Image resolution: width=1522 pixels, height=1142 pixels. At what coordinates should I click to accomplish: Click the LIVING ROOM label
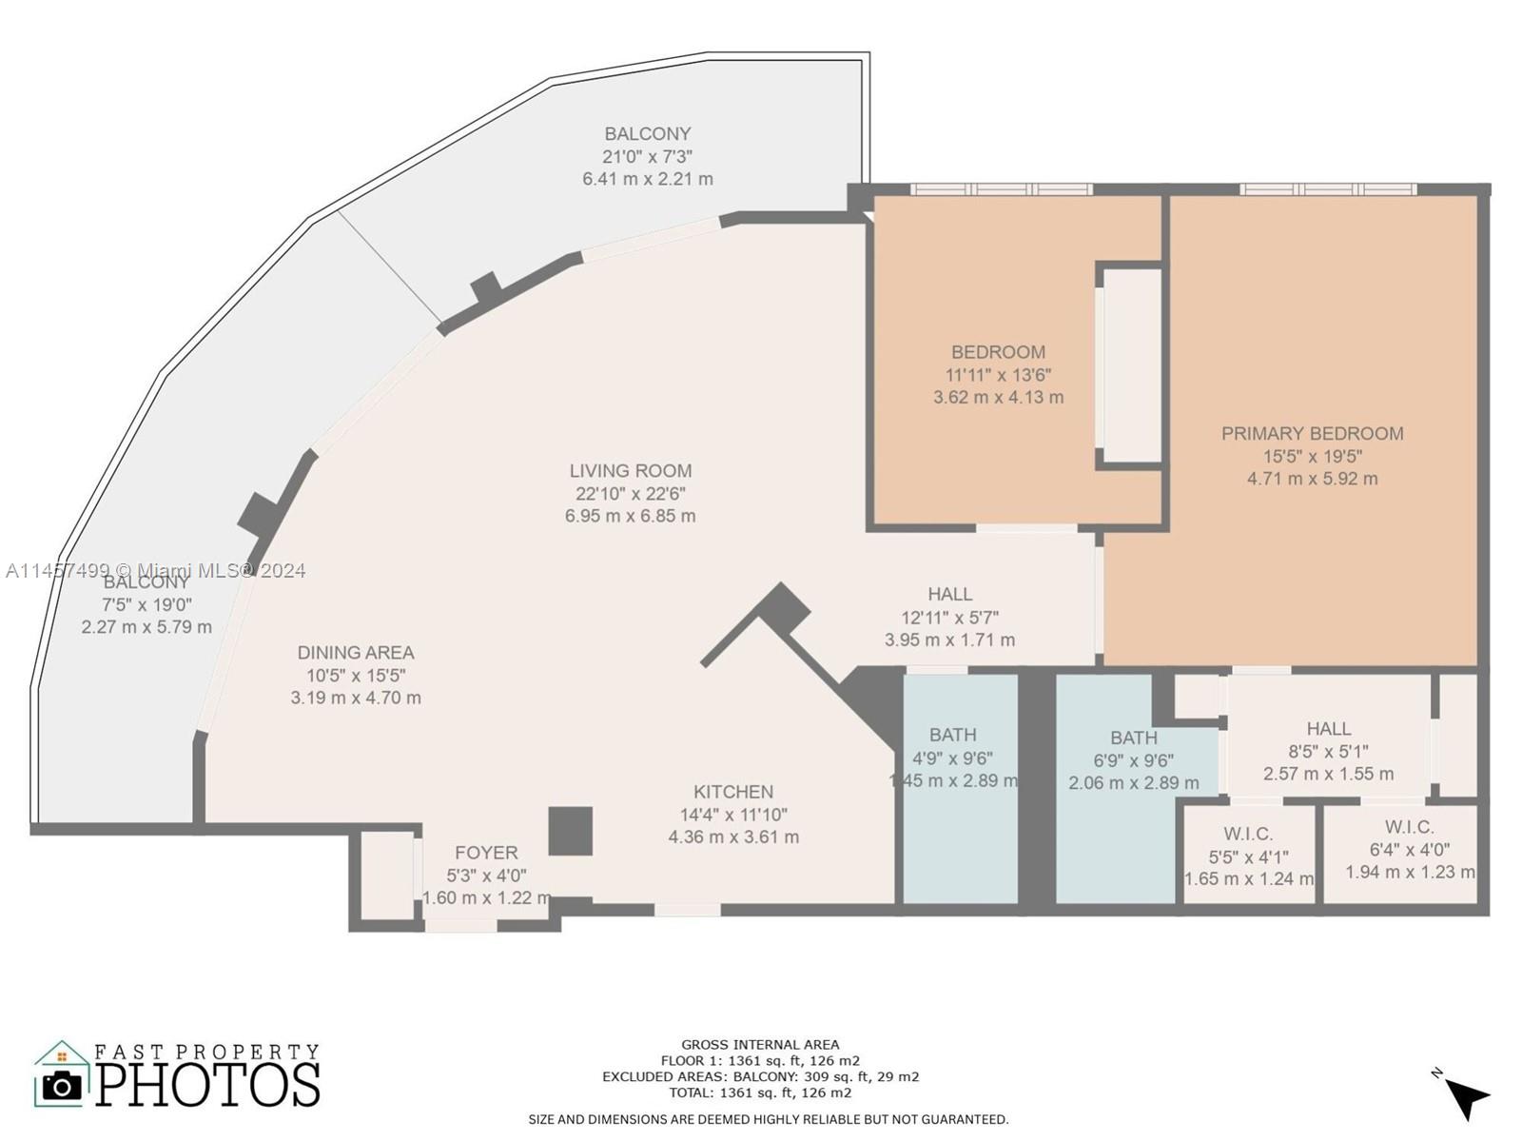630,470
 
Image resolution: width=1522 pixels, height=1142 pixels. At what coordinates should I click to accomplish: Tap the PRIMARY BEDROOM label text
1312,433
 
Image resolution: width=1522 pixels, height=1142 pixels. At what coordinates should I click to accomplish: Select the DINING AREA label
355,652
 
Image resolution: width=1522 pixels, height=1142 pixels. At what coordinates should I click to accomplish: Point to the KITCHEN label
732,791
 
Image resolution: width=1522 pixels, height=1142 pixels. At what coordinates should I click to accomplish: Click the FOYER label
486,853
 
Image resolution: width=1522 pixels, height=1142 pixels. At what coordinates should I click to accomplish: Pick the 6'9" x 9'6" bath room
1122,790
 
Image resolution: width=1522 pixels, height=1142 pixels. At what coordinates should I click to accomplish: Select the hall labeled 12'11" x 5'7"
949,616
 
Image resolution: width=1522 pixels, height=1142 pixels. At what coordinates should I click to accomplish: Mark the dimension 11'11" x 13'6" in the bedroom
998,374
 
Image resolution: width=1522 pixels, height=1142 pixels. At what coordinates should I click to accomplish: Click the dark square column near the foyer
571,830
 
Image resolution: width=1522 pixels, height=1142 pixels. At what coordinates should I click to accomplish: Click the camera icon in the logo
63,1086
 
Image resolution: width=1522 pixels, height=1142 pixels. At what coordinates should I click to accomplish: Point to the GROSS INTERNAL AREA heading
760,1044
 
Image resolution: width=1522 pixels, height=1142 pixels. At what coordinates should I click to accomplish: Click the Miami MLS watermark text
157,570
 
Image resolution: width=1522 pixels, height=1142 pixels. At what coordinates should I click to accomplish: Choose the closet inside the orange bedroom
1131,366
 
